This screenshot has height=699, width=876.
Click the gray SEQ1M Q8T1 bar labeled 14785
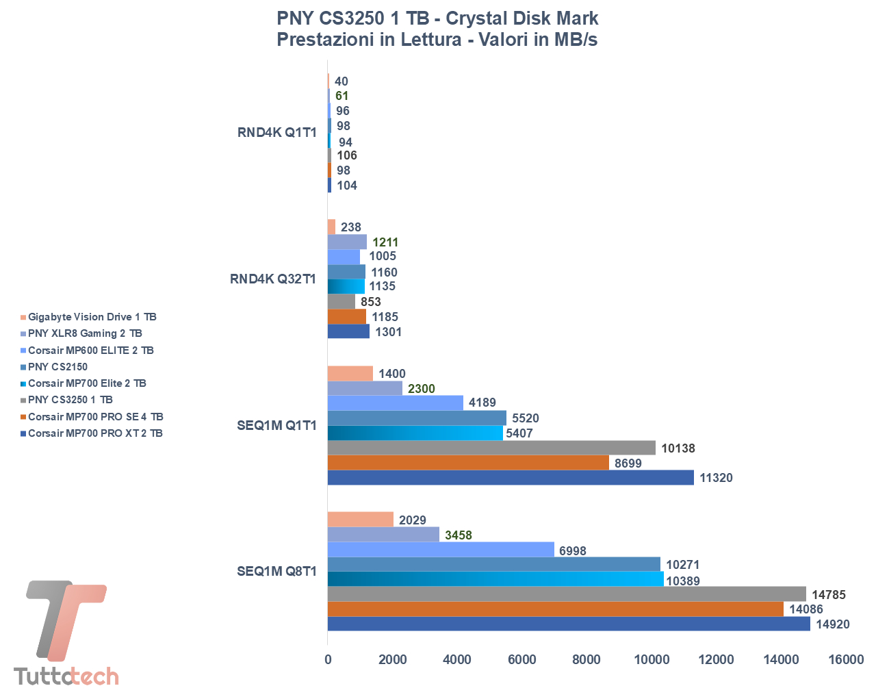click(567, 594)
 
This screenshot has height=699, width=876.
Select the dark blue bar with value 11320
click(511, 477)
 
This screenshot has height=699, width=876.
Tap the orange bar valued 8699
click(468, 463)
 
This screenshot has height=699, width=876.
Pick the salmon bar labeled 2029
click(361, 520)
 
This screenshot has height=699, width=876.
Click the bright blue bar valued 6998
click(441, 550)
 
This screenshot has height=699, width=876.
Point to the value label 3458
click(459, 535)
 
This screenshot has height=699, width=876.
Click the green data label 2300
click(422, 389)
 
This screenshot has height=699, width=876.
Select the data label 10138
click(678, 448)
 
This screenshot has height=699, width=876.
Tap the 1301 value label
click(389, 332)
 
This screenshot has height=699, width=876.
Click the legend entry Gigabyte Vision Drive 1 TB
click(92, 317)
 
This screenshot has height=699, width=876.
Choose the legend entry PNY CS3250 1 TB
click(70, 400)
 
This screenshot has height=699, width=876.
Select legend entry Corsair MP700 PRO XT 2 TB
click(95, 433)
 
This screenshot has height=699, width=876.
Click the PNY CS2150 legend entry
click(58, 367)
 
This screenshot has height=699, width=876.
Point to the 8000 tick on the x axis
click(587, 660)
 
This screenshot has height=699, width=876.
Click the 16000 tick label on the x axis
click(846, 660)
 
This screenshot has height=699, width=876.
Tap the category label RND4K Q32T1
click(273, 279)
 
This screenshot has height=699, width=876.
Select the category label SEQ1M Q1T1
click(276, 426)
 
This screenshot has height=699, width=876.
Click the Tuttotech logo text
click(66, 676)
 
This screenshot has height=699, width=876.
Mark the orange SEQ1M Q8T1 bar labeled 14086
click(556, 609)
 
